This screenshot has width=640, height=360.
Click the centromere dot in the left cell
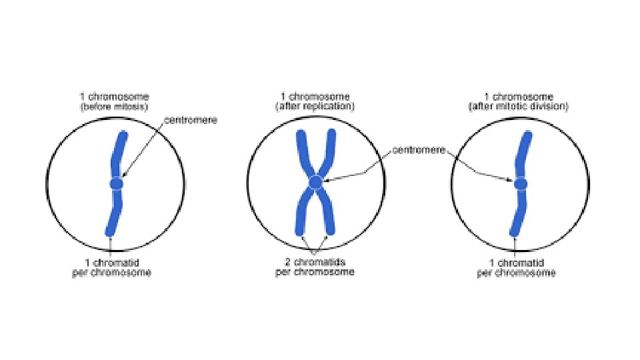pyautogui.click(x=117, y=183)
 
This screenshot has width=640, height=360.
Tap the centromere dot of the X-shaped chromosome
pyautogui.click(x=315, y=182)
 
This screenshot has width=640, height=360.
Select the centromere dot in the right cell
pyautogui.click(x=521, y=183)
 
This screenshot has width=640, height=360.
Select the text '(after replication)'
pyautogui.click(x=317, y=107)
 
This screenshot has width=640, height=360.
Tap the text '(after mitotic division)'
pyautogui.click(x=517, y=107)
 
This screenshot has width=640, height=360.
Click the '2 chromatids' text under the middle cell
pyautogui.click(x=315, y=262)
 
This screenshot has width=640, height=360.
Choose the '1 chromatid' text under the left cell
pyautogui.click(x=111, y=263)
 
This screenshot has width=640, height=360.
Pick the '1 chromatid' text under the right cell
pyautogui.click(x=515, y=263)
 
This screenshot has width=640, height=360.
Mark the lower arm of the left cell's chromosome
pyautogui.click(x=113, y=213)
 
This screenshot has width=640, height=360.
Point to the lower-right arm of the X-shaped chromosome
pyautogui.click(x=327, y=213)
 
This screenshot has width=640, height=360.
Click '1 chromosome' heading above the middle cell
pyautogui.click(x=317, y=97)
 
